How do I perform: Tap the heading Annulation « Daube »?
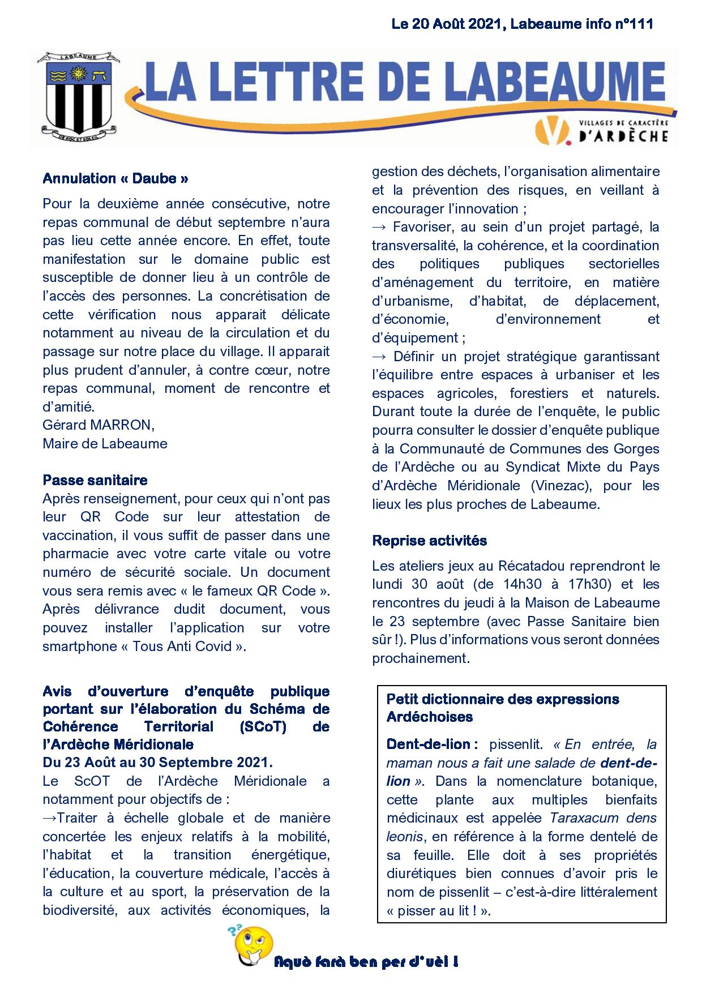pyautogui.click(x=115, y=179)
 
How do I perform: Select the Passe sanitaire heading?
pyautogui.click(x=95, y=480)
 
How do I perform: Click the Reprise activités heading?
pyautogui.click(x=429, y=541)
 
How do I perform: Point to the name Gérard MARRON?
pyautogui.click(x=98, y=425)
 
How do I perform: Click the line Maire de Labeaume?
pyautogui.click(x=105, y=443)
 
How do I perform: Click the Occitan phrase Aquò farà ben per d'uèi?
pyautogui.click(x=366, y=962)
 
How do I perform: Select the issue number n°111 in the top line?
pyautogui.click(x=633, y=24)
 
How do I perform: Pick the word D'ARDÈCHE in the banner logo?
pyautogui.click(x=624, y=136)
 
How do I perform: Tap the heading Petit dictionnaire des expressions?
pyautogui.click(x=503, y=699)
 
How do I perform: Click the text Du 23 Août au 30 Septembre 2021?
pyautogui.click(x=157, y=763)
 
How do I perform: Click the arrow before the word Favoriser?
pyautogui.click(x=379, y=228)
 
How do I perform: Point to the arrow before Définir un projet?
pyautogui.click(x=379, y=357)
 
